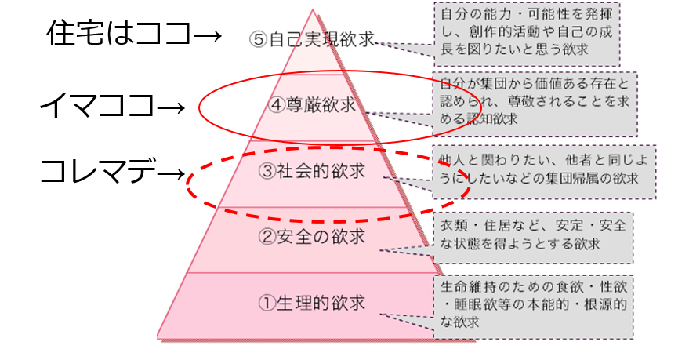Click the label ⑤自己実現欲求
pyautogui.click(x=311, y=39)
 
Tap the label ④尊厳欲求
pyautogui.click(x=312, y=105)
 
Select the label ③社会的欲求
pyautogui.click(x=312, y=171)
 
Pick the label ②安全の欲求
pyautogui.click(x=312, y=237)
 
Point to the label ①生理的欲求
pyautogui.click(x=312, y=303)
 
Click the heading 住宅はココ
pyautogui.click(x=119, y=33)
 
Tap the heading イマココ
pyautogui.click(x=97, y=106)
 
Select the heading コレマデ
pyautogui.click(x=98, y=171)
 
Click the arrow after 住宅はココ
pyautogui.click(x=207, y=35)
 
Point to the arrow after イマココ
pyautogui.click(x=171, y=107)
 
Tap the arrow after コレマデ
pyautogui.click(x=171, y=173)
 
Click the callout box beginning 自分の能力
pyautogui.click(x=527, y=35)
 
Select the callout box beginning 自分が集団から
pyautogui.click(x=535, y=104)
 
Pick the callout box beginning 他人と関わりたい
pyautogui.click(x=545, y=172)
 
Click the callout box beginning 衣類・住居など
pyautogui.click(x=534, y=238)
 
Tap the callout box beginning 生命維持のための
pyautogui.click(x=534, y=307)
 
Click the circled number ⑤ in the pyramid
pyautogui.click(x=259, y=39)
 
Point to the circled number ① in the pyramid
pyautogui.click(x=267, y=303)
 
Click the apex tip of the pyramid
pyautogui.click(x=313, y=9)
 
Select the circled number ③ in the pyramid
pyautogui.click(x=267, y=171)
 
